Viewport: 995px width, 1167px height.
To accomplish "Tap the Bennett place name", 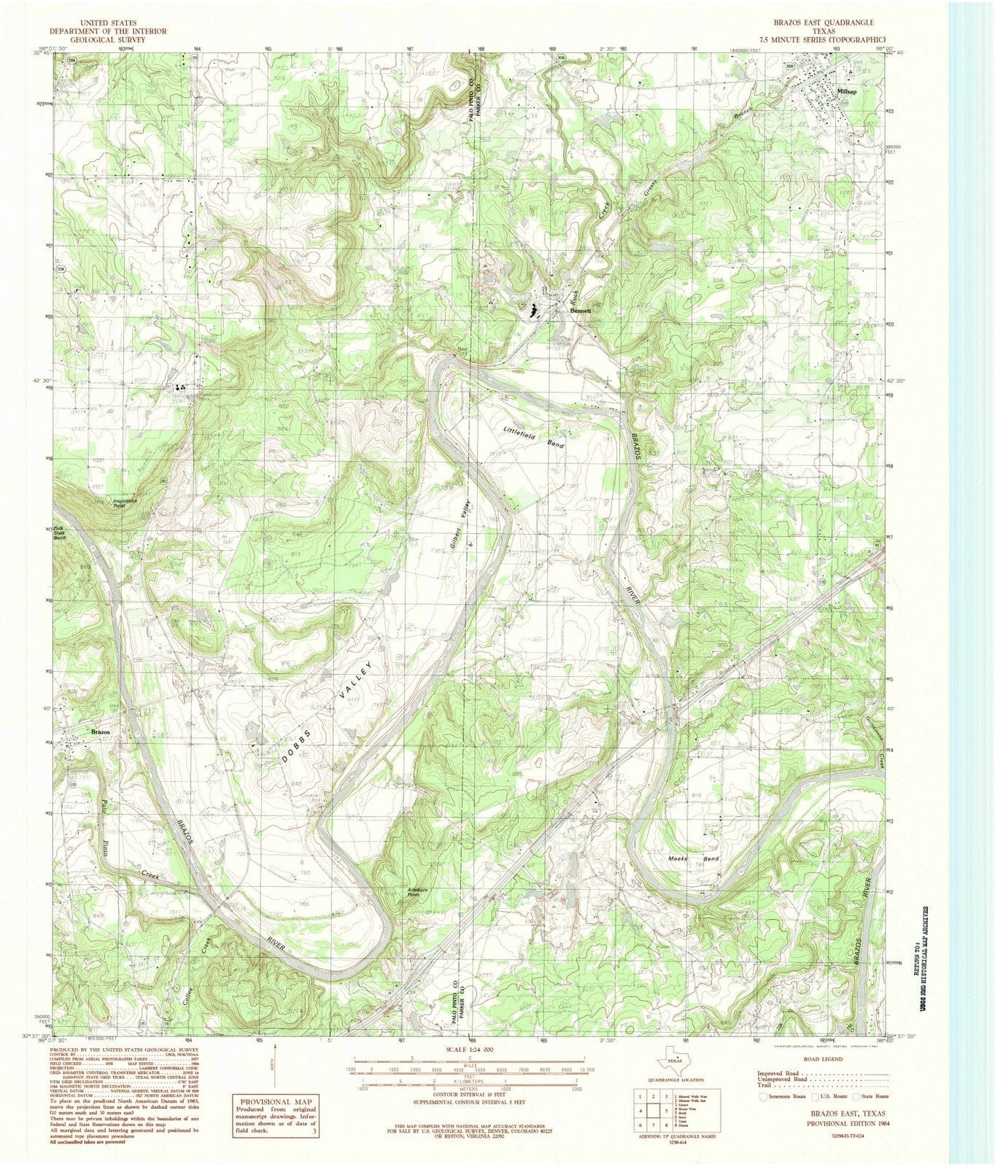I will coord(581,310).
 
